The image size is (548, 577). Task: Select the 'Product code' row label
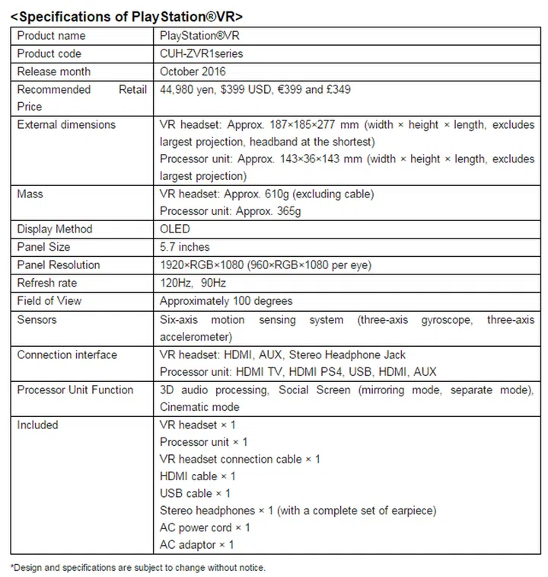click(49, 54)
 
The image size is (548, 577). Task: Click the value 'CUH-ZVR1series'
click(201, 54)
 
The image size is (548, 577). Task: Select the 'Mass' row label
click(30, 194)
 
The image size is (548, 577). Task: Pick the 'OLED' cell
click(175, 229)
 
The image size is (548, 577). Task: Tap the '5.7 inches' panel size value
click(185, 247)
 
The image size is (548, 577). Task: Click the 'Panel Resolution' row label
click(59, 265)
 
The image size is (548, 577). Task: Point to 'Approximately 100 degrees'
click(226, 301)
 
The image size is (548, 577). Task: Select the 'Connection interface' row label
click(67, 355)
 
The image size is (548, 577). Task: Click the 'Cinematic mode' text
click(199, 407)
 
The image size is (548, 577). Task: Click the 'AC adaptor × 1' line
click(197, 545)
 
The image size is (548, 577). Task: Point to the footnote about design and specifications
click(138, 567)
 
